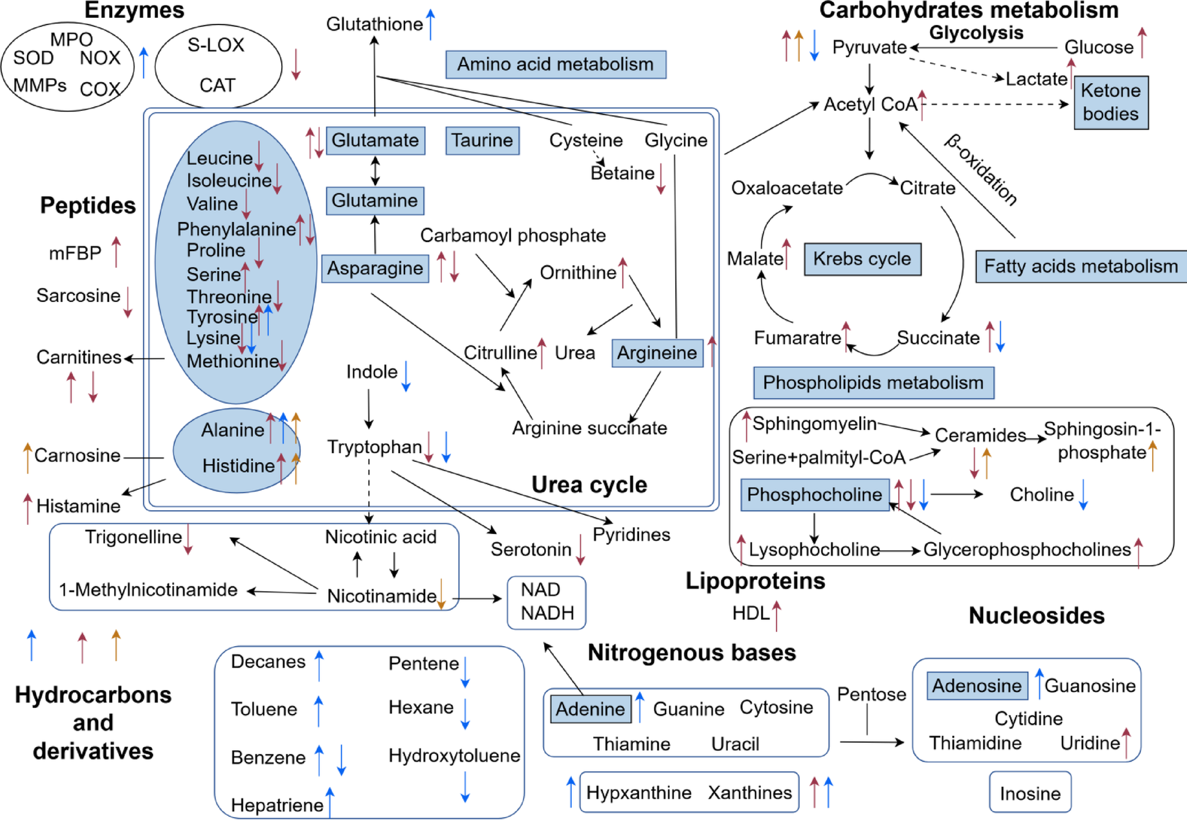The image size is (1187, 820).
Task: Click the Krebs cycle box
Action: tap(862, 259)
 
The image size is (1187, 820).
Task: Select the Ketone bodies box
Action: tap(1110, 102)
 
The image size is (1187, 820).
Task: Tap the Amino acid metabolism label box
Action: tap(555, 64)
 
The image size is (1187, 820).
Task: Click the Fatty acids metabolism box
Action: tap(1080, 266)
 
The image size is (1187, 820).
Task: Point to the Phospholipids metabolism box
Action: tap(873, 383)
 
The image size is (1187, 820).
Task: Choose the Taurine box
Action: tap(482, 140)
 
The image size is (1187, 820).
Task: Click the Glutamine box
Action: tap(374, 201)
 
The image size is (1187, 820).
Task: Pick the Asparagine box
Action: tap(375, 268)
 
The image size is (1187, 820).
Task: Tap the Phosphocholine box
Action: tap(814, 495)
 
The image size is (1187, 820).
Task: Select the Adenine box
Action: tap(590, 709)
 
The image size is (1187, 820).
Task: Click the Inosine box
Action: tap(1030, 794)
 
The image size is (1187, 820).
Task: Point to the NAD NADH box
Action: tap(547, 602)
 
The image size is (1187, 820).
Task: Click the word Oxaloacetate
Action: tap(787, 188)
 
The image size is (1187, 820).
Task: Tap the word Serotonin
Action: tap(531, 550)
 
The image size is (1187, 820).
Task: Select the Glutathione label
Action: tap(374, 24)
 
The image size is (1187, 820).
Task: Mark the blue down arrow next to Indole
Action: tap(406, 376)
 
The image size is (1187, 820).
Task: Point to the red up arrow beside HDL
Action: tap(776, 615)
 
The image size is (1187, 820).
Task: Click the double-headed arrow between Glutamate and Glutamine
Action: tap(375, 171)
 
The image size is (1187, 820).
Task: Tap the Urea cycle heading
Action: tap(589, 485)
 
